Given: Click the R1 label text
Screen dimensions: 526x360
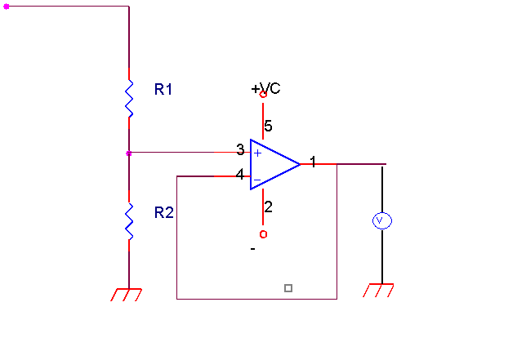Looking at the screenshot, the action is [x=163, y=89].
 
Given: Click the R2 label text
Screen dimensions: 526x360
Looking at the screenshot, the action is [x=163, y=212].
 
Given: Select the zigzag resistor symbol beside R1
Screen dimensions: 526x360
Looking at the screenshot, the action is [x=129, y=99].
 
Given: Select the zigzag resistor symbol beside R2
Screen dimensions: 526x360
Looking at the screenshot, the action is [x=129, y=221].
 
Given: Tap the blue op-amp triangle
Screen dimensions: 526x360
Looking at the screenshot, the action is [x=274, y=164].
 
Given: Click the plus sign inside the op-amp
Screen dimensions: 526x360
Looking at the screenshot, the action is [x=257, y=153].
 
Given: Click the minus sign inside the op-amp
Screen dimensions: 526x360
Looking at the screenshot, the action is [x=257, y=180].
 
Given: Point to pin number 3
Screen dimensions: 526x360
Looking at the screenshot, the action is [x=240, y=149].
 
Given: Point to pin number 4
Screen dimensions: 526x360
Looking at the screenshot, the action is [x=240, y=175].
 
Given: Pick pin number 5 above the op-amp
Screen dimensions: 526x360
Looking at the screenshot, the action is [x=268, y=126].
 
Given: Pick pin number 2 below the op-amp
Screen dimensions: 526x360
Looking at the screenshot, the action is [x=268, y=207].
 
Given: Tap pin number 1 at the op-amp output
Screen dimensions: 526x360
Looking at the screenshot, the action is [x=313, y=162].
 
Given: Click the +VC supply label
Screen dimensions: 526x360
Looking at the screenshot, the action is [x=265, y=88].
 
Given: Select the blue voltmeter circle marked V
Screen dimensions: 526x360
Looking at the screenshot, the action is [x=382, y=220].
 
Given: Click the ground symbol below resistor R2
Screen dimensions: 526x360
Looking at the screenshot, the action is [x=127, y=295].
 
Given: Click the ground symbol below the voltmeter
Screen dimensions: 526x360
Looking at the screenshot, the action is [x=378, y=291].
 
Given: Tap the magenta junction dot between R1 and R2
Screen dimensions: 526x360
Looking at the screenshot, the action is [x=129, y=153].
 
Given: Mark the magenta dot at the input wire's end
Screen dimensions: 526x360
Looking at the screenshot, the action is [x=6, y=7].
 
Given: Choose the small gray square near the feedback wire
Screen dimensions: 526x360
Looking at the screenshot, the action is [x=288, y=288].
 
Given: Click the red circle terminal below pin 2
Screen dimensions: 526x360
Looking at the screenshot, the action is [x=263, y=234].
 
